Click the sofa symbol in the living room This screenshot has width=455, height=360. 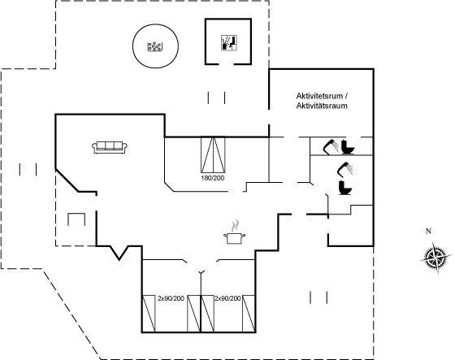(x=110, y=147)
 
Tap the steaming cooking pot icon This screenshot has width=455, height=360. (x=235, y=232)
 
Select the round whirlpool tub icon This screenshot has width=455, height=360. (x=155, y=46)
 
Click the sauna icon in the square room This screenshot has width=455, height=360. (x=229, y=43)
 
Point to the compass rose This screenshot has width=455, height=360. (x=436, y=258)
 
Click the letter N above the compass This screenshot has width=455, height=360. (x=428, y=232)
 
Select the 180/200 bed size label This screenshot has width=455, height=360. (x=213, y=178)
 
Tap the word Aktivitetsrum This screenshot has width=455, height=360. (x=319, y=96)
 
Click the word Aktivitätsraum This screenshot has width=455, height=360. (x=322, y=106)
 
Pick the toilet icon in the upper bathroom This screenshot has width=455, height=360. (x=348, y=147)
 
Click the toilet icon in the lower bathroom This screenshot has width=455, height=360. (x=345, y=188)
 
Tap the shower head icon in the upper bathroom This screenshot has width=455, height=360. (x=330, y=147)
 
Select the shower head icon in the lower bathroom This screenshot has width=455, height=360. (x=344, y=169)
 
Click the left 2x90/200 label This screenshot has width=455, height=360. (x=171, y=298)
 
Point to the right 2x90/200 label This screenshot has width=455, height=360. (x=227, y=298)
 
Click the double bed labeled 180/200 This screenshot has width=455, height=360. (x=213, y=154)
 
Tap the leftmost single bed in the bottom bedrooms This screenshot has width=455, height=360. (x=149, y=314)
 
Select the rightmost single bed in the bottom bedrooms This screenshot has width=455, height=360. (x=249, y=314)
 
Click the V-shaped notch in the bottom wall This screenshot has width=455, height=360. (x=119, y=253)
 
